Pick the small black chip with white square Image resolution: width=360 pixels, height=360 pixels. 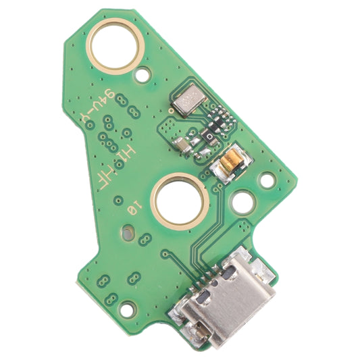tap(212, 137)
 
